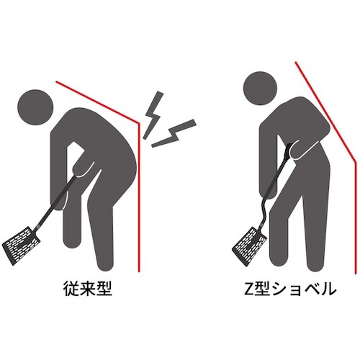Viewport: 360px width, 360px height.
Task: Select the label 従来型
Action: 86,290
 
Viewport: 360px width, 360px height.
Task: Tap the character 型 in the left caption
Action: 106,290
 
